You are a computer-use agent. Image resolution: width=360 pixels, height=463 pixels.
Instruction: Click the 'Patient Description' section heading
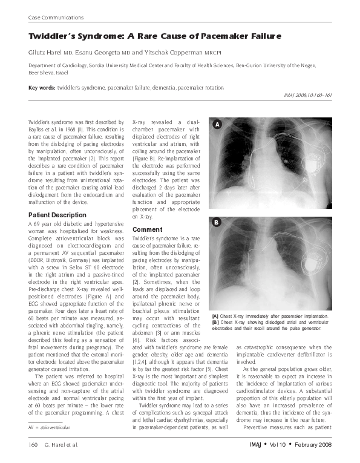coord(57,215)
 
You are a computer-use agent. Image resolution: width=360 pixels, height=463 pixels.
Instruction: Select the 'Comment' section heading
coord(147,230)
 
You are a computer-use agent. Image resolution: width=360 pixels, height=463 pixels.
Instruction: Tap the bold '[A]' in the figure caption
coord(215,317)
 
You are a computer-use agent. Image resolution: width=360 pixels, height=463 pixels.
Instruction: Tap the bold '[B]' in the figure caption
coord(215,323)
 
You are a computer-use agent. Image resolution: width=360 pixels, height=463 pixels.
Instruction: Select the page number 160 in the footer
coord(33,445)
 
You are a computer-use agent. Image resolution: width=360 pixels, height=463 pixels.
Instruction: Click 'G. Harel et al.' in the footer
coord(65,445)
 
